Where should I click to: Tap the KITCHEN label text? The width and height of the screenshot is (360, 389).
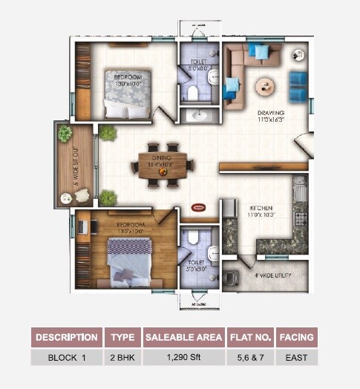tap(261, 207)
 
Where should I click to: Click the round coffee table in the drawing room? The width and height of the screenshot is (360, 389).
tap(266, 86)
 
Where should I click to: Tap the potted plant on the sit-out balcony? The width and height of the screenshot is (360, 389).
tap(65, 134)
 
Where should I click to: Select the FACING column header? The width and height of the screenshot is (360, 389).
tap(296, 337)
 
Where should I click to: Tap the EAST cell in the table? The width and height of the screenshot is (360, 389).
tap(296, 357)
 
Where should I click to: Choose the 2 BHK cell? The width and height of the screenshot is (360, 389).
tap(122, 357)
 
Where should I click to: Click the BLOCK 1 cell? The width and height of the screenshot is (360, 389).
tap(67, 357)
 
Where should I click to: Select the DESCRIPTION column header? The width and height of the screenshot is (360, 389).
tap(67, 337)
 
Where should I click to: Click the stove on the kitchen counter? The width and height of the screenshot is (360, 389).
tap(300, 218)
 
